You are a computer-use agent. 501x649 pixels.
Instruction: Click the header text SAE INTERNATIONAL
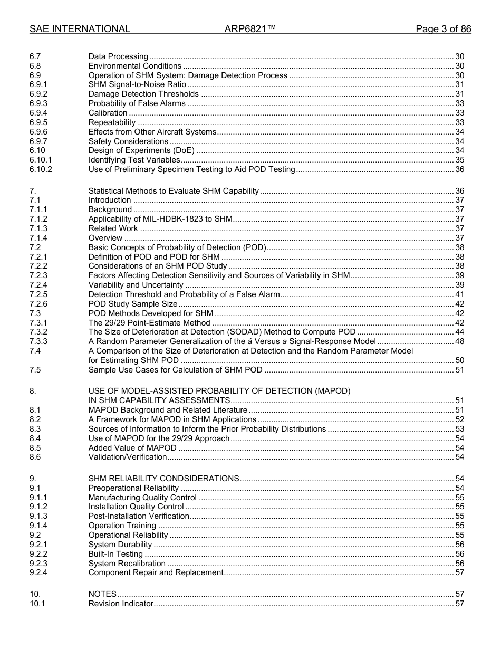point(80,29)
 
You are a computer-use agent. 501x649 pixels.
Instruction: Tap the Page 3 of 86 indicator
point(443,29)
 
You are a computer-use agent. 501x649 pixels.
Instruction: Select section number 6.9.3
point(38,103)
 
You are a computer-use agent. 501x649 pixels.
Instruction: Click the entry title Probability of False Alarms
point(137,103)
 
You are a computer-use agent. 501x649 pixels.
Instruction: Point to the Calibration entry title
point(108,113)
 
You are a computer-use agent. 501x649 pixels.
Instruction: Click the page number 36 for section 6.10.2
point(459,169)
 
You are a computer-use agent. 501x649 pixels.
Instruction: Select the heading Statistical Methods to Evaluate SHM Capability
point(174,191)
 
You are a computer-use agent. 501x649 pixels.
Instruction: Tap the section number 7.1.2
point(38,219)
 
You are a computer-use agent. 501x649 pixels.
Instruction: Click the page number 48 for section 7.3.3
point(459,341)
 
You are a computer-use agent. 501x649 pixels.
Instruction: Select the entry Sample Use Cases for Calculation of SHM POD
point(175,370)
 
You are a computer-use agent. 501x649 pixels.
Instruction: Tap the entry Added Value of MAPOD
point(132,448)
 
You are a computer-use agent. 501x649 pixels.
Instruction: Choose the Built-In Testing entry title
point(115,554)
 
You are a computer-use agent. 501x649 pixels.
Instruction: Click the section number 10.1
point(37,604)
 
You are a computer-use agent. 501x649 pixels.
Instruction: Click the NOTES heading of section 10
point(102,594)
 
